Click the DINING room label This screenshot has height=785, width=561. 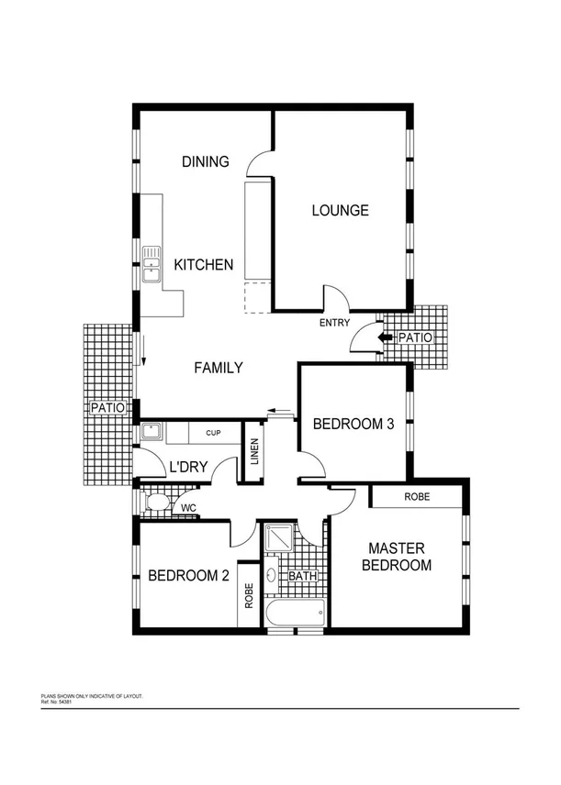click(205, 162)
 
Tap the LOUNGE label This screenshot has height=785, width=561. click(340, 210)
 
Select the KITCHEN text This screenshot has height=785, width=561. click(204, 265)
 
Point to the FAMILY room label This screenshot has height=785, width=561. click(219, 368)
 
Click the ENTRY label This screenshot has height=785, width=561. click(333, 324)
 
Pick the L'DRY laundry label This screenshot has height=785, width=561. click(187, 468)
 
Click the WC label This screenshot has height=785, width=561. click(188, 507)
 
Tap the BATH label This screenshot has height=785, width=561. click(302, 577)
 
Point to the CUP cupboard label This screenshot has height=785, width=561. click(212, 432)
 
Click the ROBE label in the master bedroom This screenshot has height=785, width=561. click(416, 496)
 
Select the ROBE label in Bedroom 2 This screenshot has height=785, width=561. click(249, 596)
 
